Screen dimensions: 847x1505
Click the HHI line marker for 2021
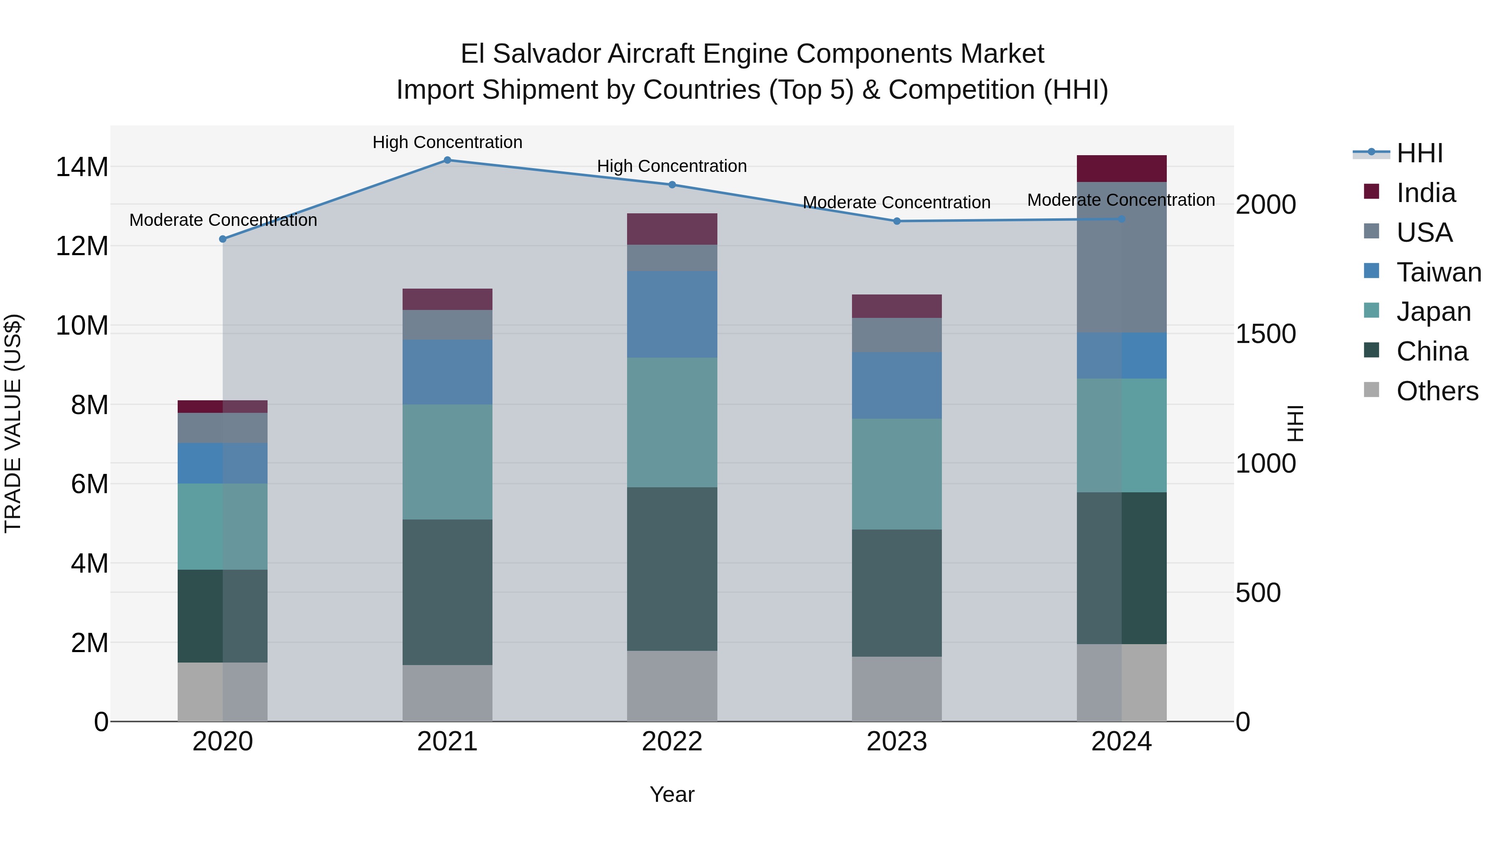point(447,160)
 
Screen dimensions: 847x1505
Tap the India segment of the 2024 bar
point(1121,169)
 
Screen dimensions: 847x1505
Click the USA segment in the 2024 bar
point(1121,258)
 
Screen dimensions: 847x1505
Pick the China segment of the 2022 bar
point(672,569)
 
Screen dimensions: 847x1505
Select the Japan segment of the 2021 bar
point(447,462)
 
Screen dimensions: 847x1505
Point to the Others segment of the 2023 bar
point(897,689)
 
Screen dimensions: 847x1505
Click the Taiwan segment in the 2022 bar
point(672,315)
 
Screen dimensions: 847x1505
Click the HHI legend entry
point(1419,153)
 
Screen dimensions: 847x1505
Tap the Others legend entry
point(1436,391)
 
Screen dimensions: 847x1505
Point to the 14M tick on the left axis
point(82,167)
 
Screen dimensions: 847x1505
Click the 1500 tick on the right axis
point(1266,334)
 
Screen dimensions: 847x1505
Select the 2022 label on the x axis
point(672,742)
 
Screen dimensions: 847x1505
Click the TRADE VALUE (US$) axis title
point(13,423)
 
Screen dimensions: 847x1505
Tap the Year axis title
point(672,794)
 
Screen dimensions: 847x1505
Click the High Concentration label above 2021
point(447,142)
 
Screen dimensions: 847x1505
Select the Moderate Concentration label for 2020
point(223,220)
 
